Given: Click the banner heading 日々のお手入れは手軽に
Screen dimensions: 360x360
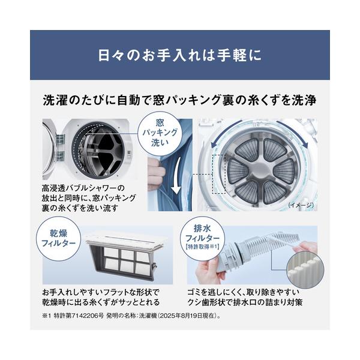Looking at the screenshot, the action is coord(180,55).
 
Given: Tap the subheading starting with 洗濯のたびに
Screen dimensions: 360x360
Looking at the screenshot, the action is coord(180,100).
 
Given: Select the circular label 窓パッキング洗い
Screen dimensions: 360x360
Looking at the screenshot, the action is coord(160,133).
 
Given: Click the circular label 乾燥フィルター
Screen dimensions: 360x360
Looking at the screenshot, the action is coord(59,239).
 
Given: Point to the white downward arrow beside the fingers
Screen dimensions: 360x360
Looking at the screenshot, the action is coord(176,176).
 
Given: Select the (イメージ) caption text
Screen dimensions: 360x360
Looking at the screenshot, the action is coord(301,205).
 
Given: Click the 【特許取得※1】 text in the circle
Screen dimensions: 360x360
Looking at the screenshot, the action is coord(202,247).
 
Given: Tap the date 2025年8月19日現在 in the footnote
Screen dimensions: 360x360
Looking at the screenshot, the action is coord(187,316).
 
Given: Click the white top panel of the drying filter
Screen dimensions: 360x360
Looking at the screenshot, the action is coord(125,240).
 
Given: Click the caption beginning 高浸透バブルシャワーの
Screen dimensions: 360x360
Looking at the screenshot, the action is coord(89,198).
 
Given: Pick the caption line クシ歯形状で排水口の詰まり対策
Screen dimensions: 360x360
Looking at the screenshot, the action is coord(245,302).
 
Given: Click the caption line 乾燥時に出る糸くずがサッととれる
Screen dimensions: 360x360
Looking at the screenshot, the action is coord(101,302).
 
